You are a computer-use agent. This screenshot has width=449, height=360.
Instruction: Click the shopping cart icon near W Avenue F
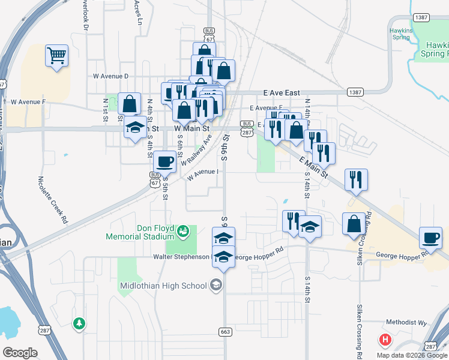[x=56, y=56]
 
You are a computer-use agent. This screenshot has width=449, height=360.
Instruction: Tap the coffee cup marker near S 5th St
[x=165, y=161]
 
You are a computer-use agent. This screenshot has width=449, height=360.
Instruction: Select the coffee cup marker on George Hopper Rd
[x=430, y=238]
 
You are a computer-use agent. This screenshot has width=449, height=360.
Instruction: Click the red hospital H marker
[x=385, y=340]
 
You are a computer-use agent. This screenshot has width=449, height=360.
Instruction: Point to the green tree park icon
[x=79, y=324]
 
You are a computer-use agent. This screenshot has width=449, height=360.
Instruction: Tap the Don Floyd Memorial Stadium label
[x=140, y=232]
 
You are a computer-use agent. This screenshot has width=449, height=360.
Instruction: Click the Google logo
[x=20, y=353]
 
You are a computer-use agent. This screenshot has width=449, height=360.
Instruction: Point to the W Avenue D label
[x=111, y=76]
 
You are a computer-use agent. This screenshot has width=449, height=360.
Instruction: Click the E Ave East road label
[x=282, y=93]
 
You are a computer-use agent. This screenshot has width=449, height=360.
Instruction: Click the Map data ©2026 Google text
[x=412, y=355]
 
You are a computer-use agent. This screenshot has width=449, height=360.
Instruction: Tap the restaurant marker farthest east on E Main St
[x=356, y=179]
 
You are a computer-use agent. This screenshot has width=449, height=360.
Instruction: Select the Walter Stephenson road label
[x=181, y=257]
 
